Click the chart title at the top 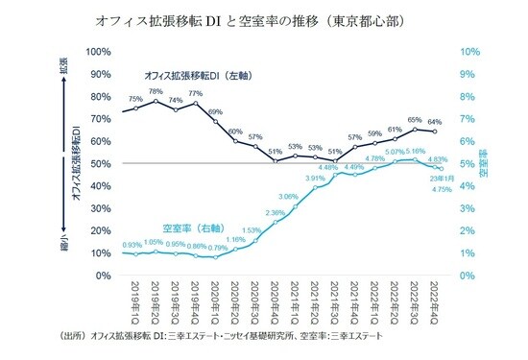click(261, 19)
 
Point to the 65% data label click(414, 121)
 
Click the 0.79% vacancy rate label click(217, 248)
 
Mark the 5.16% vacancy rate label click(416, 152)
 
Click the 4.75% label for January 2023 click(443, 189)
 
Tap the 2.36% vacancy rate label click(275, 213)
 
